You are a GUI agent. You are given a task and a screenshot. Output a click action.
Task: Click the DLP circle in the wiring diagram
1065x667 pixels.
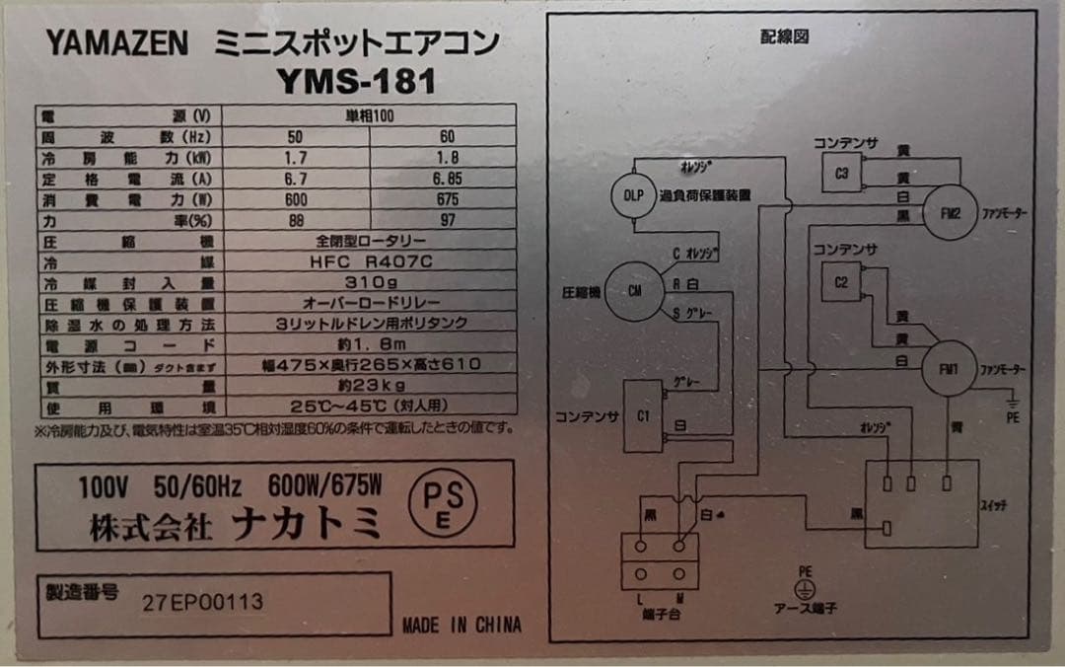tap(632, 195)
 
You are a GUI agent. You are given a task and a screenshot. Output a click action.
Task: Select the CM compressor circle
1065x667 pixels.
tap(634, 291)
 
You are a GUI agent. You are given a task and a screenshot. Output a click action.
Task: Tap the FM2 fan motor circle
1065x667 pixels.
tap(950, 212)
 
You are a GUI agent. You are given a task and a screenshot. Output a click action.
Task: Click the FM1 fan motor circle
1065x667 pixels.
tap(949, 371)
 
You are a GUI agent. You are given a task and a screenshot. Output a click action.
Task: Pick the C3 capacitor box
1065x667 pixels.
tap(841, 173)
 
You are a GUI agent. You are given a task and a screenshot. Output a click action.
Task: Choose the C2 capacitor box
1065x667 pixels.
tap(841, 282)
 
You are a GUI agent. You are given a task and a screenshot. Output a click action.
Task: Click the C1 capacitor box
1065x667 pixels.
tap(643, 415)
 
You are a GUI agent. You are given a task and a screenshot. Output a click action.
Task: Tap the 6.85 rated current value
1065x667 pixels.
tap(448, 180)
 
